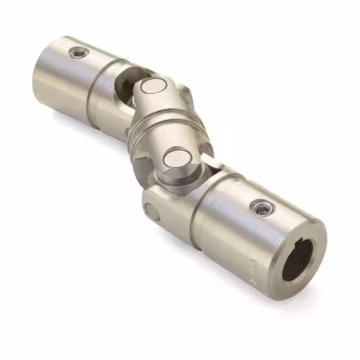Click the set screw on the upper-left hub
click(x=79, y=53)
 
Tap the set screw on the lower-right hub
click(x=260, y=209)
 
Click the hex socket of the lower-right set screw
click(x=260, y=209)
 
